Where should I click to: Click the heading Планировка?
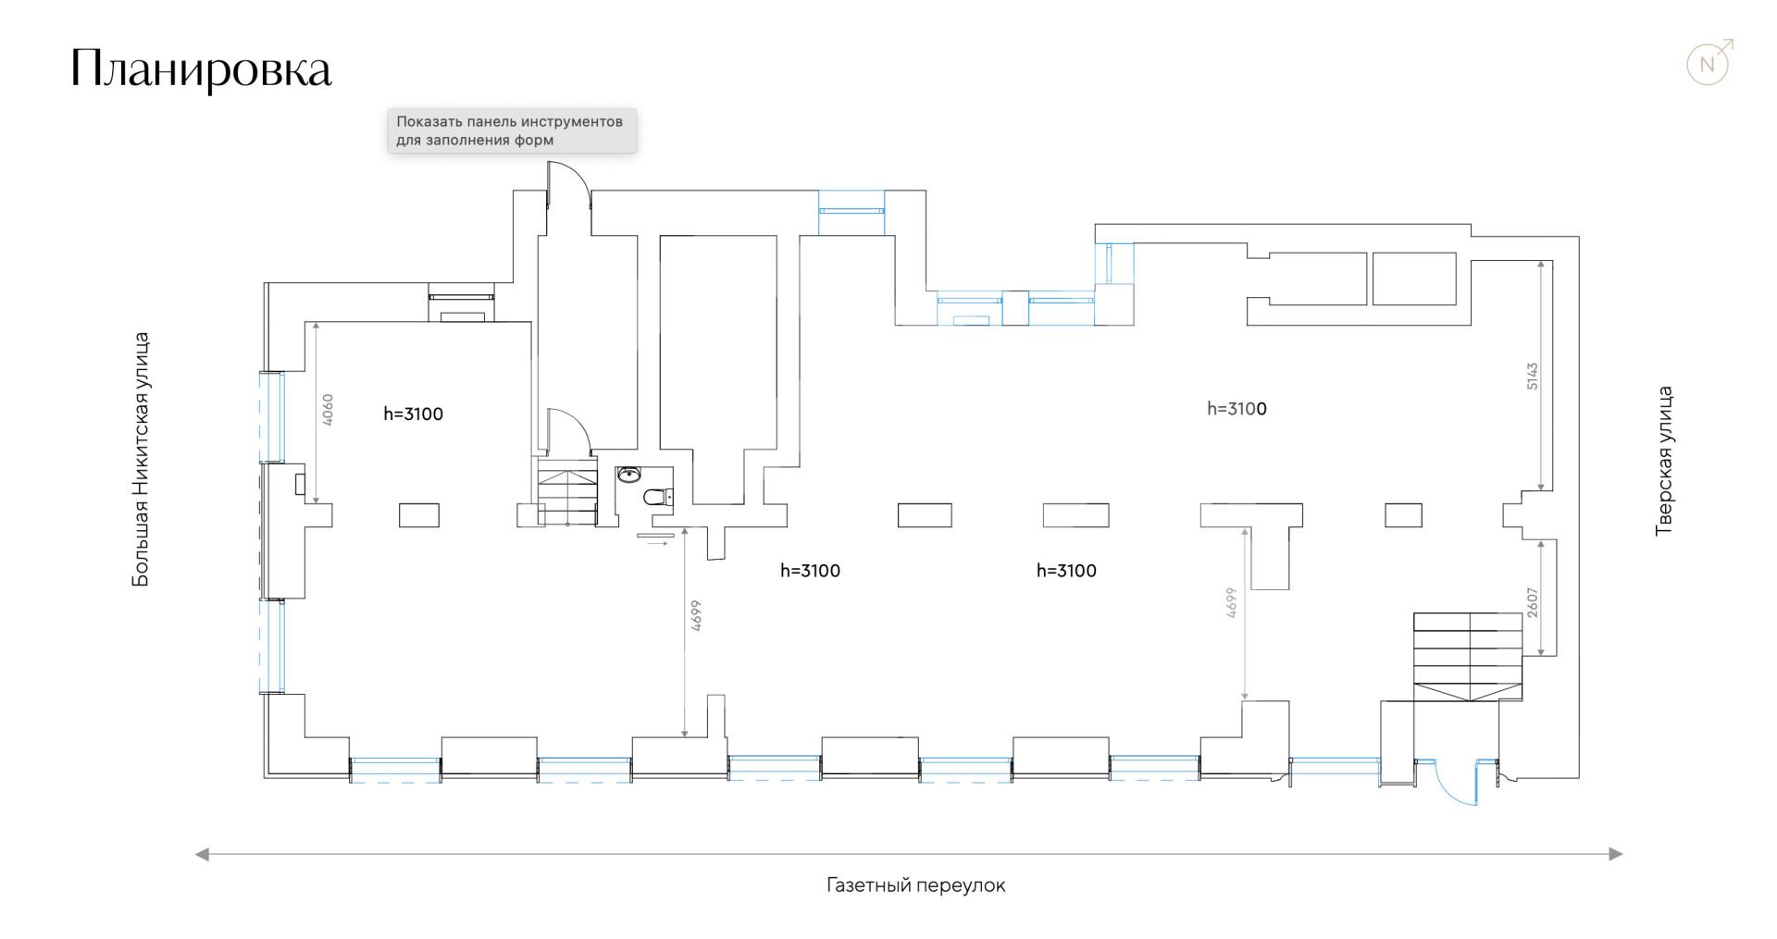click(201, 68)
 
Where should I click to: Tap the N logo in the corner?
click(1709, 64)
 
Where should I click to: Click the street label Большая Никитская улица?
click(141, 460)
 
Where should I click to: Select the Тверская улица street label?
click(1664, 461)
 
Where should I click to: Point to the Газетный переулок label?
click(915, 885)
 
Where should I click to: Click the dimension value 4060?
click(327, 410)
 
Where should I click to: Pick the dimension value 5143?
click(1532, 376)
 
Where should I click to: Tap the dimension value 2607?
click(1532, 603)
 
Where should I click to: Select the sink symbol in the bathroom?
click(629, 476)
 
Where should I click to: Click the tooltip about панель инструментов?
click(512, 131)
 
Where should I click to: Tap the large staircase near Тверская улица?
click(1468, 657)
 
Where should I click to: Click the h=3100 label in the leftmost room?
click(413, 414)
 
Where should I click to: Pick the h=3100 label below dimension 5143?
click(1236, 409)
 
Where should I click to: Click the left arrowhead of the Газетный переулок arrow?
click(202, 854)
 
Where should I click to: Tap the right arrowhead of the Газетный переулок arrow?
click(1616, 854)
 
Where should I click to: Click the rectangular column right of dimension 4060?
click(418, 515)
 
